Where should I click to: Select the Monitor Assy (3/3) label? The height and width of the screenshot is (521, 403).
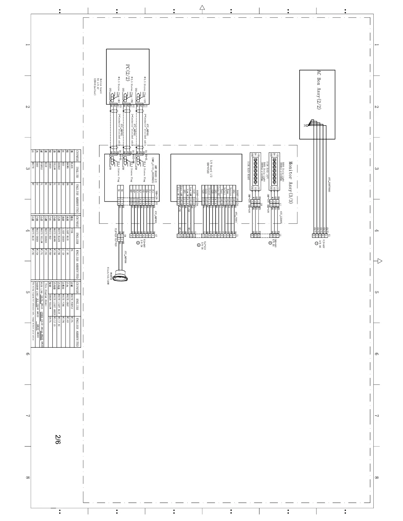(x=291, y=182)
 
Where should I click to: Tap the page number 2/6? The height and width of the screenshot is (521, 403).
(x=58, y=440)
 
